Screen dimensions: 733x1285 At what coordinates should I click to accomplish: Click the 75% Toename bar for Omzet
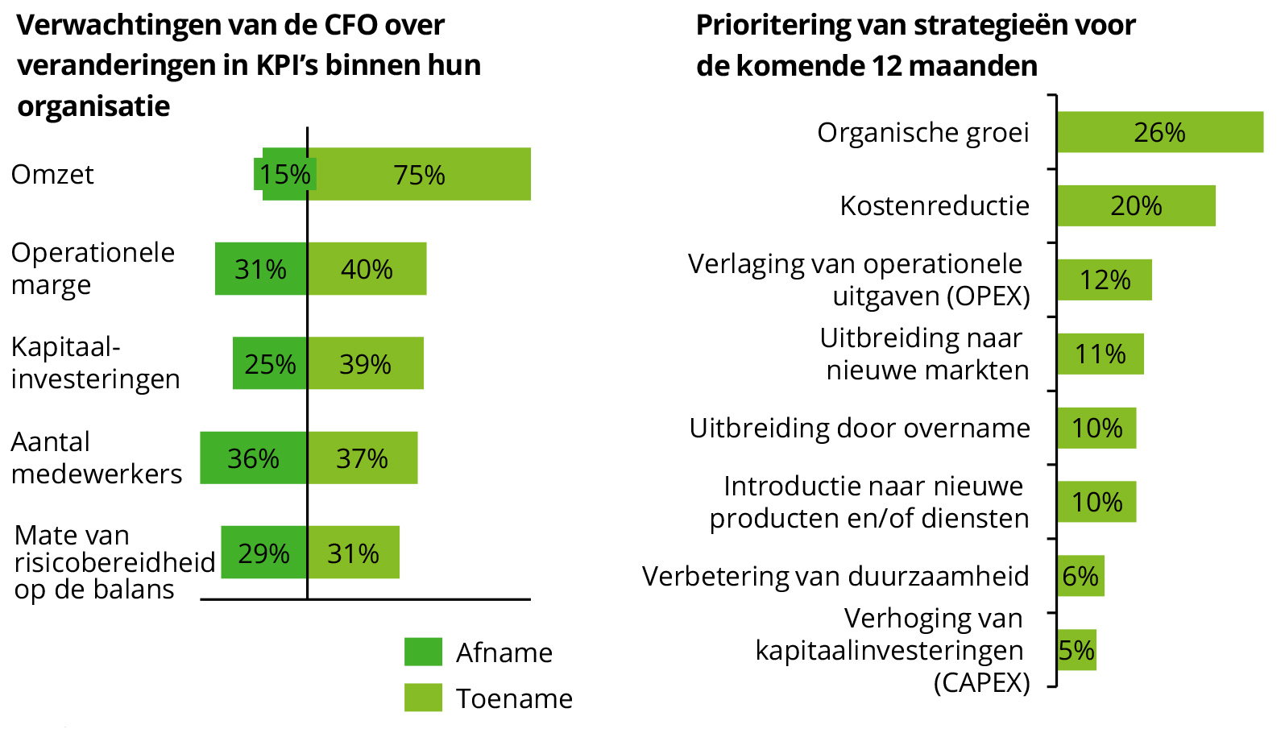pyautogui.click(x=419, y=174)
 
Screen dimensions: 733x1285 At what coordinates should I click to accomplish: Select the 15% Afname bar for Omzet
pyautogui.click(x=284, y=174)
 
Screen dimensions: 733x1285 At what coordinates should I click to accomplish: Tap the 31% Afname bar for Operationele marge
pyautogui.click(x=261, y=268)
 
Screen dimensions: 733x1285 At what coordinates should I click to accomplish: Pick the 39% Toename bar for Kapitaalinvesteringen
pyautogui.click(x=366, y=363)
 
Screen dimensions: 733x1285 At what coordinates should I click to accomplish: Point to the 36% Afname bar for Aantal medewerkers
pyautogui.click(x=253, y=458)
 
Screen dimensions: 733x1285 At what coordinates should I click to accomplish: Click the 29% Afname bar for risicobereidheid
pyautogui.click(x=263, y=553)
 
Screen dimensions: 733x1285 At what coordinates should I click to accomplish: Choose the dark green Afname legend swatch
pyautogui.click(x=423, y=652)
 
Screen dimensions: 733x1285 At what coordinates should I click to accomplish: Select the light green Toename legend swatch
pyautogui.click(x=423, y=698)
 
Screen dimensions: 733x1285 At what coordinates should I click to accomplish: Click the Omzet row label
pyautogui.click(x=52, y=174)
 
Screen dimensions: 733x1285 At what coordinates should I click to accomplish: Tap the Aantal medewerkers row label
pyautogui.click(x=96, y=458)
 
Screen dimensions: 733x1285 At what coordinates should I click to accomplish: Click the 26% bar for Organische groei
pyautogui.click(x=1159, y=132)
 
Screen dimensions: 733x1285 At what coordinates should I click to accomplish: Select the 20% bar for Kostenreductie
pyautogui.click(x=1136, y=205)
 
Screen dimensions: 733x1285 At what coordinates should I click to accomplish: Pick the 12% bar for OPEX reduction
pyautogui.click(x=1105, y=280)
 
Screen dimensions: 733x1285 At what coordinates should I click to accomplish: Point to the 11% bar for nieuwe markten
pyautogui.click(x=1101, y=354)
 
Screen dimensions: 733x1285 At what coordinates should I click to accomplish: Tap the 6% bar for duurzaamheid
pyautogui.click(x=1080, y=576)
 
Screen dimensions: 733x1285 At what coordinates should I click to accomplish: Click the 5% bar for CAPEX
pyautogui.click(x=1076, y=649)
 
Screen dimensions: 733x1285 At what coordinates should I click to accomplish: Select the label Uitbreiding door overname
pyautogui.click(x=859, y=428)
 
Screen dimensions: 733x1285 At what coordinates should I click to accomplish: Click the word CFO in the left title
pyautogui.click(x=351, y=25)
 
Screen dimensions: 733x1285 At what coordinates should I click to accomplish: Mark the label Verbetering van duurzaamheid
pyautogui.click(x=835, y=576)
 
